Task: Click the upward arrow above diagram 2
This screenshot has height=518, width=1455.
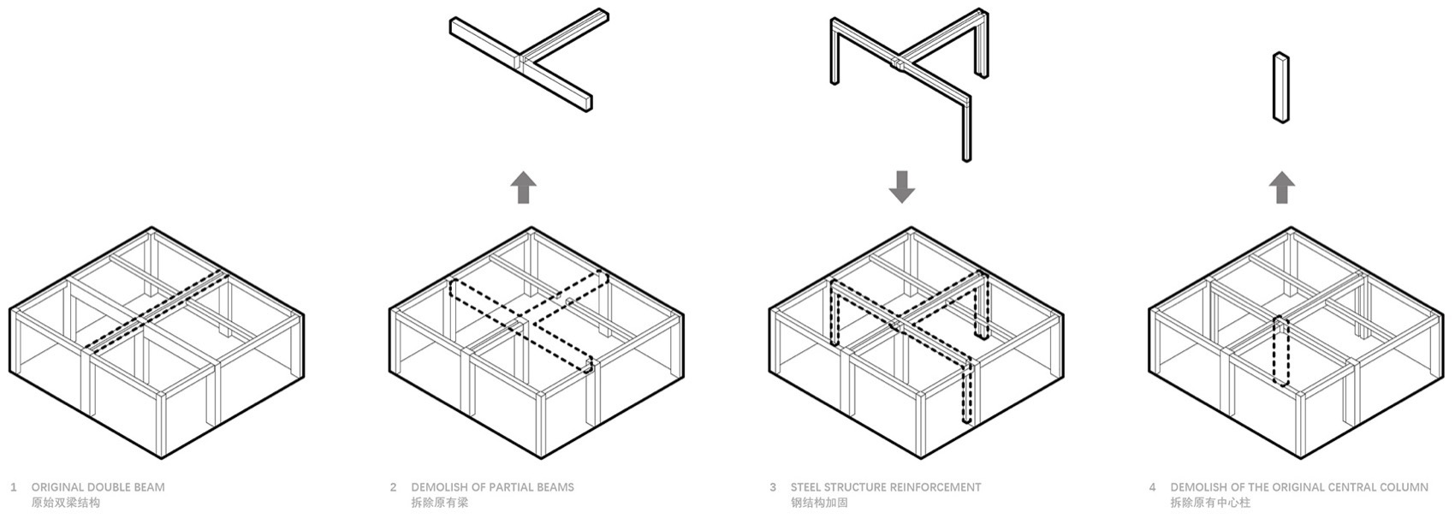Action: [523, 188]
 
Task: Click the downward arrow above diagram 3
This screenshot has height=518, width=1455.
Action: [901, 188]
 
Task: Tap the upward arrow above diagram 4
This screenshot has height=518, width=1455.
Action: [1281, 188]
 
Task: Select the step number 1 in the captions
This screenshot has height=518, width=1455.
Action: [14, 487]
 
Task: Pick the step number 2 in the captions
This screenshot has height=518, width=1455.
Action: [393, 487]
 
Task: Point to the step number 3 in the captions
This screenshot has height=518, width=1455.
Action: [773, 487]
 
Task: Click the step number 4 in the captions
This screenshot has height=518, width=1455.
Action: [1153, 487]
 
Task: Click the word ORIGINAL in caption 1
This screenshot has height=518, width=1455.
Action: [57, 487]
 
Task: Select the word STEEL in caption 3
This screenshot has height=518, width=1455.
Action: [807, 487]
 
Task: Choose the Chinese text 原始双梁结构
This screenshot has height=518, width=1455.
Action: [66, 503]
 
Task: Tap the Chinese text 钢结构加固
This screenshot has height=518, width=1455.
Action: [819, 503]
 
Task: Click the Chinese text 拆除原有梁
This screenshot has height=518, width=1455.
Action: [440, 503]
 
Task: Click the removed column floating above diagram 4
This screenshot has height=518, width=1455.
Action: [1281, 87]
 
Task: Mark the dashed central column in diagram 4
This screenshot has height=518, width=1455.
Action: [1281, 351]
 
